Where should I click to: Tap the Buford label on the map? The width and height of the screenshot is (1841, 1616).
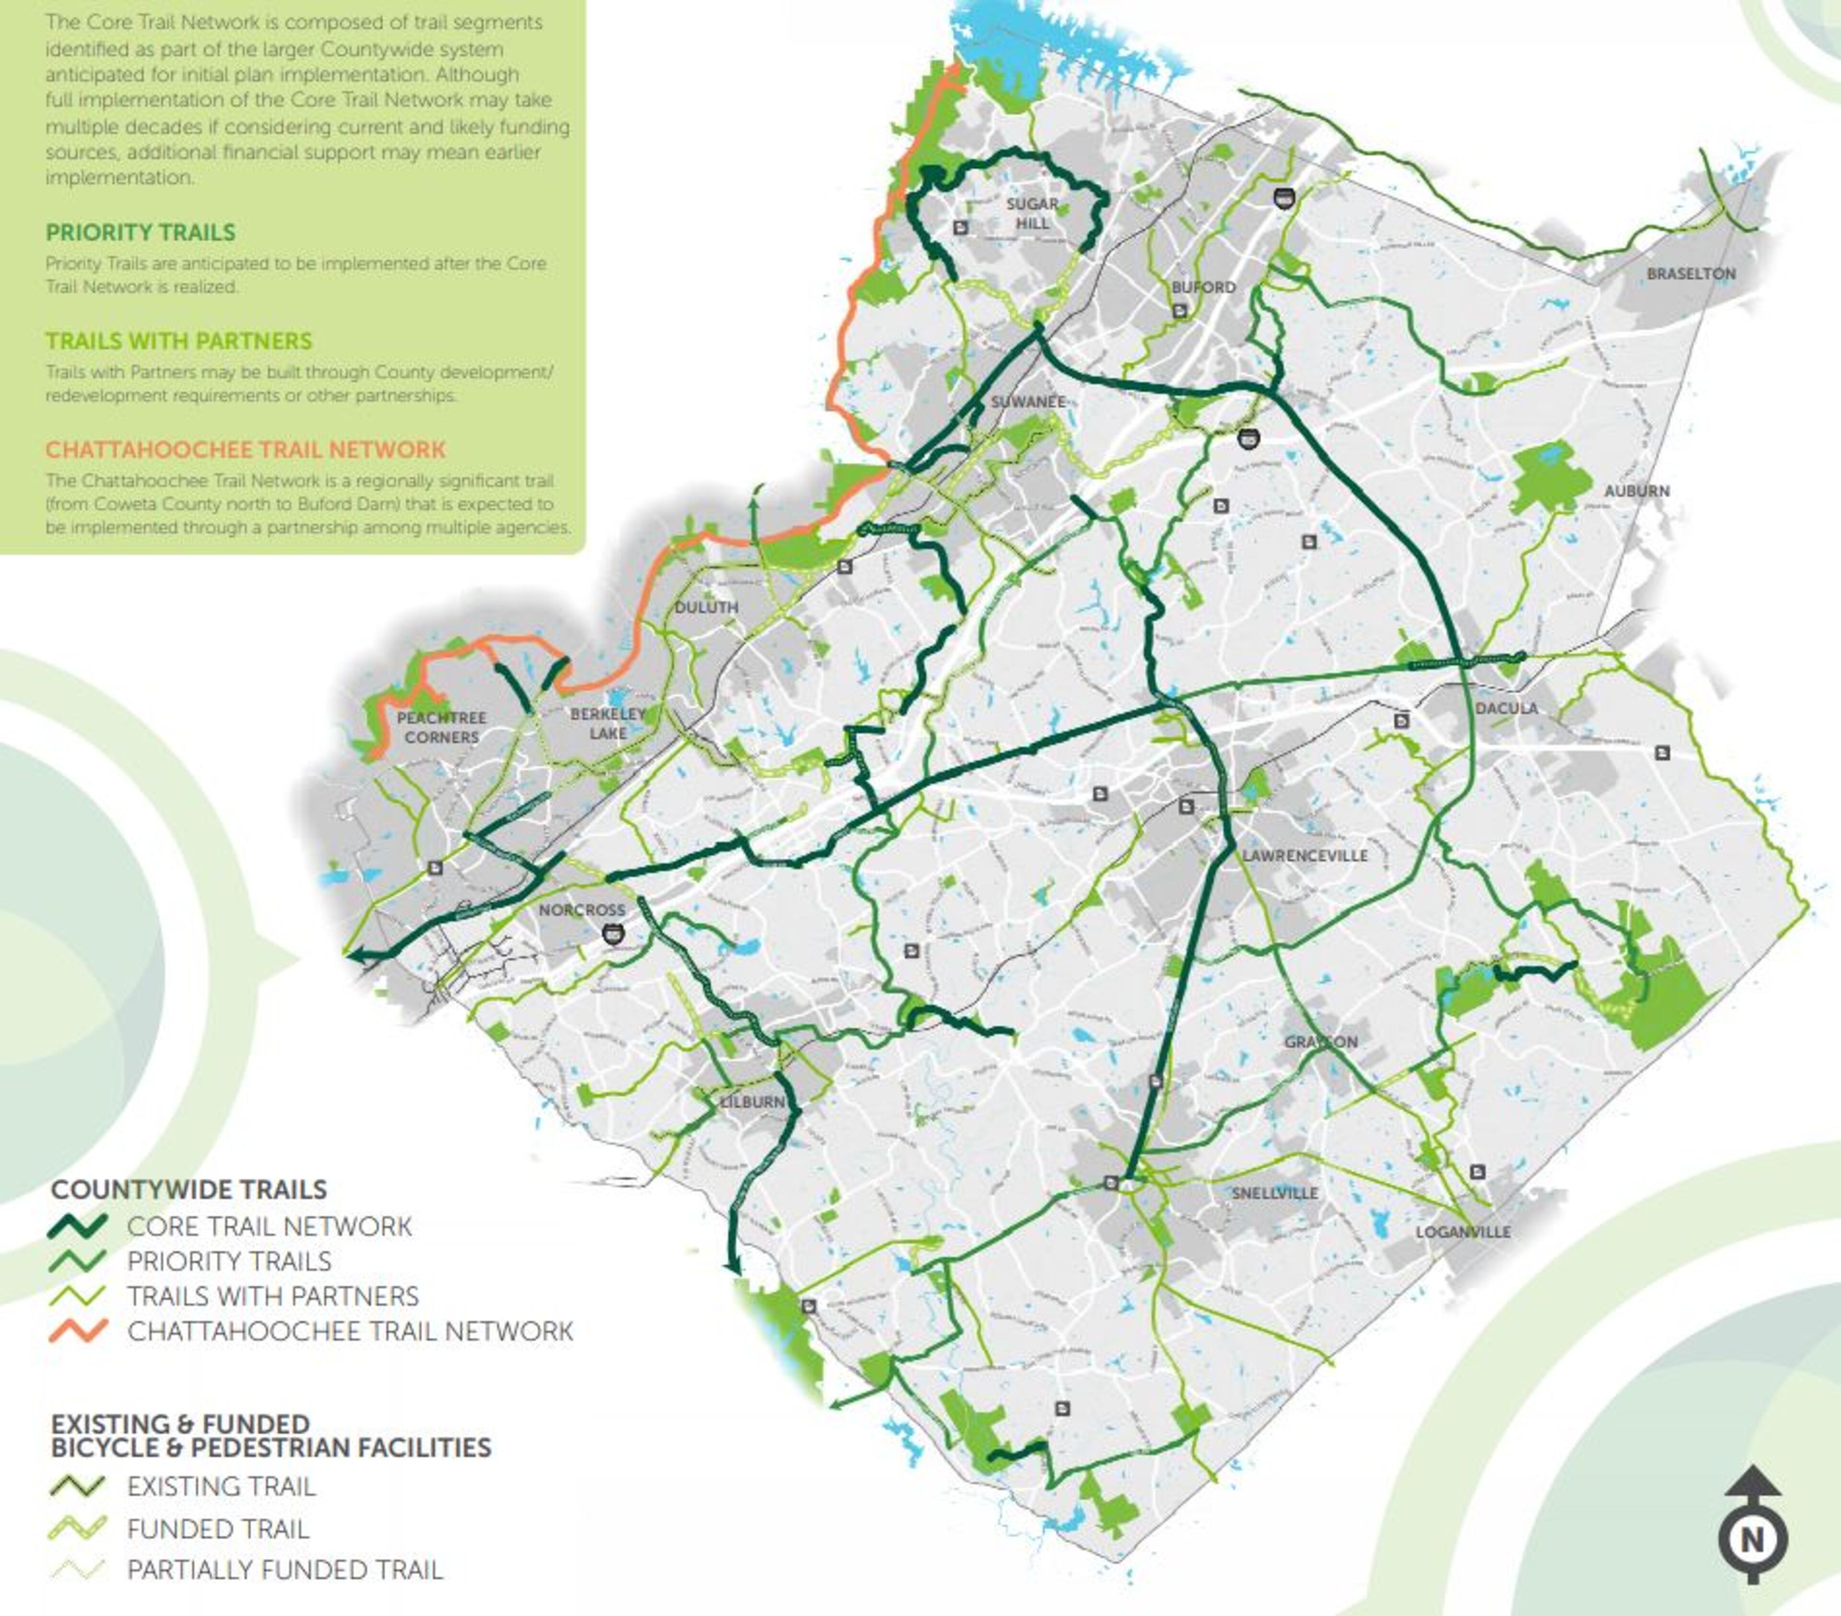point(1203,287)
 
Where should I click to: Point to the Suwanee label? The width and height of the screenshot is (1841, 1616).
point(1028,402)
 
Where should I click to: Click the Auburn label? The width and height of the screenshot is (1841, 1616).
point(1637,491)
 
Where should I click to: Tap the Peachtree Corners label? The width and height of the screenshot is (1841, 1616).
point(442,727)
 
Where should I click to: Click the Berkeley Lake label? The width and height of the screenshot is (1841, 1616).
point(608,723)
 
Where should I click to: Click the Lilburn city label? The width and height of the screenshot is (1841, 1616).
point(752,1102)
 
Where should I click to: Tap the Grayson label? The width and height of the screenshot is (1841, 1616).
point(1320,1042)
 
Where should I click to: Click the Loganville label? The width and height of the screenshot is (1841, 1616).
point(1463,1232)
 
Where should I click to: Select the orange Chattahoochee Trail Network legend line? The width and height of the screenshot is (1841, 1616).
point(78,1331)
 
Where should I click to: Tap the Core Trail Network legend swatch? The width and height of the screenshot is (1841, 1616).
point(78,1226)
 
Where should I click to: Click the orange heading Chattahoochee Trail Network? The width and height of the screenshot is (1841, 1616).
point(245,450)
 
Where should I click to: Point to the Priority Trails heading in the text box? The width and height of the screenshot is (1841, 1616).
point(140,233)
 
